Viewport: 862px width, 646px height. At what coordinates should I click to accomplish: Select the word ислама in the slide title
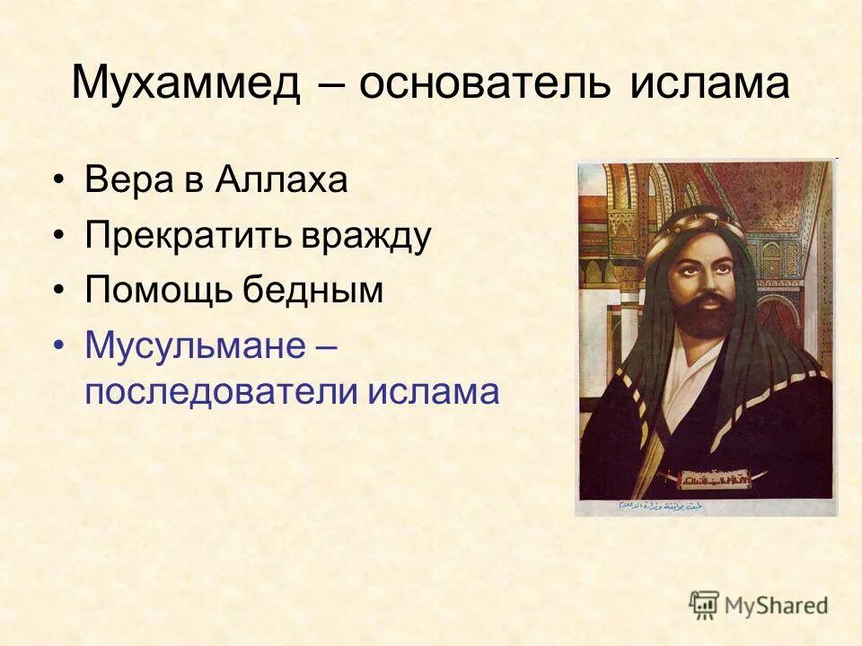(x=709, y=84)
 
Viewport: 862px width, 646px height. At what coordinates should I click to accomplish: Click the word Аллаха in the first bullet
(x=280, y=180)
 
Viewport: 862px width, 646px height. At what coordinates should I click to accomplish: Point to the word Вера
(x=123, y=180)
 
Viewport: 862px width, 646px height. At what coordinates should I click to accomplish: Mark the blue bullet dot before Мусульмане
(x=59, y=346)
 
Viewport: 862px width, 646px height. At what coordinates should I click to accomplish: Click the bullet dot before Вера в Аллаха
(x=59, y=182)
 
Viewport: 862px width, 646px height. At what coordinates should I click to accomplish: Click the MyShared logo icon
(x=704, y=605)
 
